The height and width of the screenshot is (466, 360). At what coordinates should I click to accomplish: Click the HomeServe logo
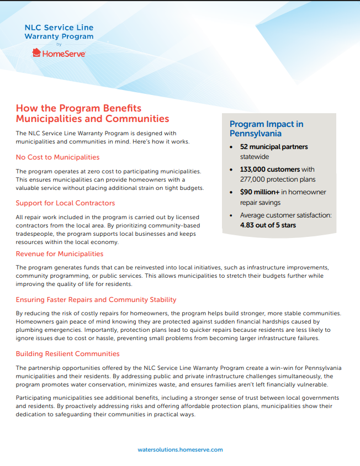[x=59, y=53]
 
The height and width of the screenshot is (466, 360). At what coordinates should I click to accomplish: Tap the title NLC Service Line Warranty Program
[x=59, y=32]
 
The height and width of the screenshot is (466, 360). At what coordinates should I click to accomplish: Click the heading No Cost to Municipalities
[x=57, y=157]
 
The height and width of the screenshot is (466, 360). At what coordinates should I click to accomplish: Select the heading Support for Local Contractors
[x=65, y=203]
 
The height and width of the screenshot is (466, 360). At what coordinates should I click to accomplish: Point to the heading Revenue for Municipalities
[x=59, y=254]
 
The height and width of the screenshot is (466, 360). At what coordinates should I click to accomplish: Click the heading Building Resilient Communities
[x=67, y=353]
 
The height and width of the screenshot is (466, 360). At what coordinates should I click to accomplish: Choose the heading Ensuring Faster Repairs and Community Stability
[x=96, y=300]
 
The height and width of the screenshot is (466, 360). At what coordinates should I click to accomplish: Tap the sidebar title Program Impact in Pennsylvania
[x=266, y=129]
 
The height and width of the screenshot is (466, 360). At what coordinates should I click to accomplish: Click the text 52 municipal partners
[x=274, y=147]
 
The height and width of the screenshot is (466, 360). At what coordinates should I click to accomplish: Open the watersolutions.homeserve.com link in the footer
[x=180, y=449]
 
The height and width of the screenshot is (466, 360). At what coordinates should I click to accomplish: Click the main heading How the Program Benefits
[x=78, y=108]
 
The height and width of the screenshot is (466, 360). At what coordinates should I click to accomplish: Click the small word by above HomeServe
[x=59, y=44]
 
